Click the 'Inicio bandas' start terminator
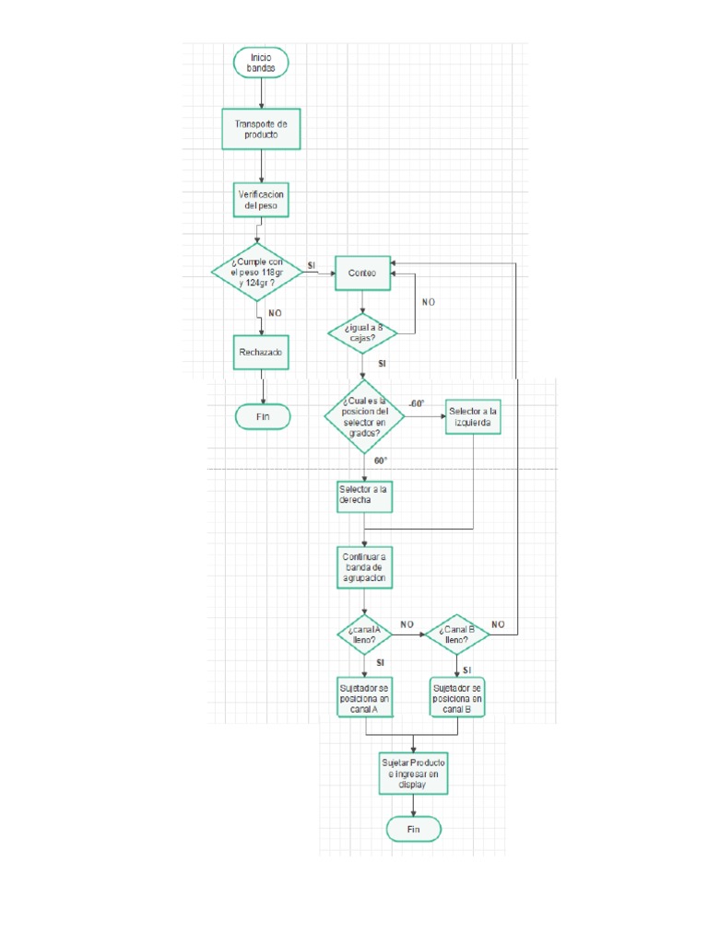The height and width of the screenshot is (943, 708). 261,63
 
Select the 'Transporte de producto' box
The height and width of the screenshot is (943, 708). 261,129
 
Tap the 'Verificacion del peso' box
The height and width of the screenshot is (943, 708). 261,200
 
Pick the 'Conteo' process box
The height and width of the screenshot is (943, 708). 362,273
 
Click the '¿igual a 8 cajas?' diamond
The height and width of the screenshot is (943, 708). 363,332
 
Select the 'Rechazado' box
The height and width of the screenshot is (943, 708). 261,352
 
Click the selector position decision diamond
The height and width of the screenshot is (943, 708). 365,416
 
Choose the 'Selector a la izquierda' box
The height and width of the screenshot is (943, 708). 474,417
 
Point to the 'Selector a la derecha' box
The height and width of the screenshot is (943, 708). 364,495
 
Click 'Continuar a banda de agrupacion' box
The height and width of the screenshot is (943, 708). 364,567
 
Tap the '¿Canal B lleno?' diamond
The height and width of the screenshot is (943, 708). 455,634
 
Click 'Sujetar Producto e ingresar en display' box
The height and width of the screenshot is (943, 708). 413,774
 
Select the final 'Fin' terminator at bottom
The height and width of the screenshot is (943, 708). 413,830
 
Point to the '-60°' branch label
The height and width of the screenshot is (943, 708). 417,403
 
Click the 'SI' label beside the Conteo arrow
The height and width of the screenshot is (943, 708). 312,265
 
